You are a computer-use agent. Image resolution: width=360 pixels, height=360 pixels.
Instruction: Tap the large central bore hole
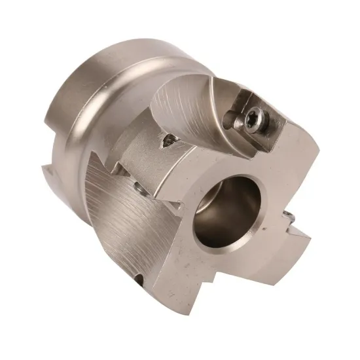[226, 211]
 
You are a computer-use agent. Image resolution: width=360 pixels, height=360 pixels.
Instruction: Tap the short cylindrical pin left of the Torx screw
[230, 120]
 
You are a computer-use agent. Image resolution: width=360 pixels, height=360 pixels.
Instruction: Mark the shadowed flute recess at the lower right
[262, 262]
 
